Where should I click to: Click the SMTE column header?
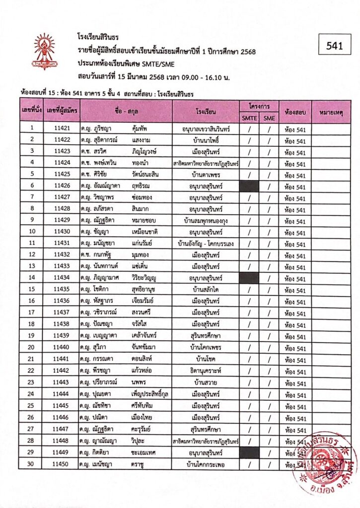click(250, 118)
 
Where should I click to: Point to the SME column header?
click(269, 118)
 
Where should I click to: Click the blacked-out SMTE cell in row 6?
click(250, 187)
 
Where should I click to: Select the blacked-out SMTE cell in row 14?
click(250, 278)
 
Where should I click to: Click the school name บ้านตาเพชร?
click(206, 175)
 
